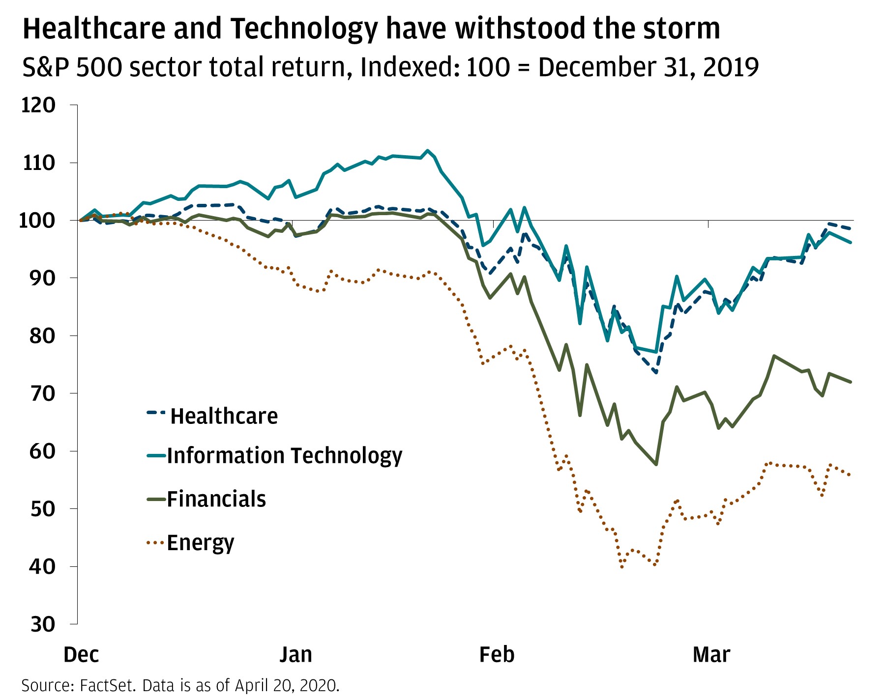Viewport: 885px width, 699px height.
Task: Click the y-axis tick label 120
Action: tap(38, 105)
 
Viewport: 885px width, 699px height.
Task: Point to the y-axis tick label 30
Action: tap(43, 624)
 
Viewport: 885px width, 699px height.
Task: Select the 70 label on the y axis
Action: tap(43, 393)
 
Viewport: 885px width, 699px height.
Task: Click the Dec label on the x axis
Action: tap(82, 655)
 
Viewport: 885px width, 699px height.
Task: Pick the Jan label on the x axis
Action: tap(295, 655)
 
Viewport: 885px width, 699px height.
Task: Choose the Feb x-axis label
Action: tap(497, 655)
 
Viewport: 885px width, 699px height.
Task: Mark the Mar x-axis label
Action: tap(711, 655)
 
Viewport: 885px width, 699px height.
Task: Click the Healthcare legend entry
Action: tap(224, 416)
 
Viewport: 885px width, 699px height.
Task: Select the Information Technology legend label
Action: tap(284, 455)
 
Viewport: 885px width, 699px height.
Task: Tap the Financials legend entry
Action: tap(216, 499)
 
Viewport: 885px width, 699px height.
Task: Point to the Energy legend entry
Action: tap(201, 543)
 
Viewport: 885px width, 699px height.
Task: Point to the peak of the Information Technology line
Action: tap(428, 150)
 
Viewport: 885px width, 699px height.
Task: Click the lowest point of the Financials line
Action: tap(656, 464)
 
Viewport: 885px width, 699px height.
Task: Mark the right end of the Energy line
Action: tap(851, 475)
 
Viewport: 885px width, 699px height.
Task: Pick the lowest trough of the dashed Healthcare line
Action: tap(656, 373)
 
